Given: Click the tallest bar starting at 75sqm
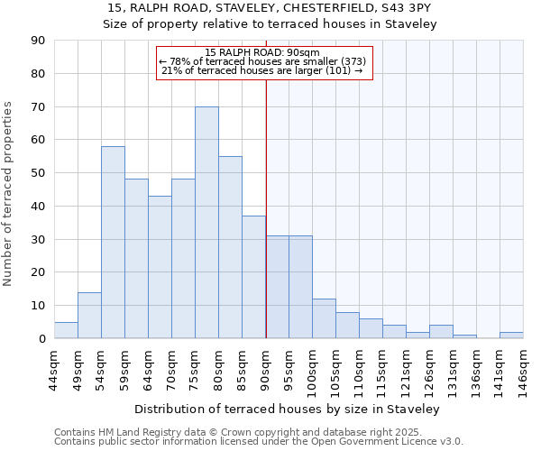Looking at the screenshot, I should [x=206, y=223].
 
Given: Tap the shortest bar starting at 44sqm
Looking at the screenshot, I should [x=66, y=330].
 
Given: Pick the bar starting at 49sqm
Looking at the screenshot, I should [x=89, y=316].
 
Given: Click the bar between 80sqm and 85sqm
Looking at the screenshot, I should [x=230, y=247].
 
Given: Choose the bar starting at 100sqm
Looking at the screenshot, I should [x=324, y=318].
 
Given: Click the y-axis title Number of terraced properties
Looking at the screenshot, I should [x=9, y=193].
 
